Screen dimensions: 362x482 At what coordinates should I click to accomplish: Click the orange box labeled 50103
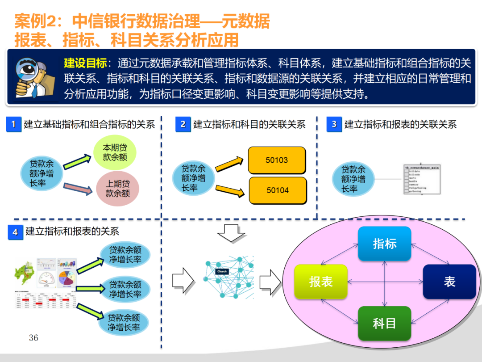pyautogui.click(x=277, y=160)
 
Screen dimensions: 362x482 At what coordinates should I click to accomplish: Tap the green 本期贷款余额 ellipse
pyautogui.click(x=115, y=152)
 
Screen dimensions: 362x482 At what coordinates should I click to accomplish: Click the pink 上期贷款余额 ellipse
pyautogui.click(x=117, y=189)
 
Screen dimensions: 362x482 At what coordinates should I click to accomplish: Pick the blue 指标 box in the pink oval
pyautogui.click(x=384, y=244)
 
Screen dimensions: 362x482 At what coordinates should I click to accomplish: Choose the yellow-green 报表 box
pyautogui.click(x=321, y=282)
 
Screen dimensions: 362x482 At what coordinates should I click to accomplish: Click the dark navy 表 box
pyautogui.click(x=449, y=282)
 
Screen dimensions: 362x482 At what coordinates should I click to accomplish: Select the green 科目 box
pyautogui.click(x=384, y=323)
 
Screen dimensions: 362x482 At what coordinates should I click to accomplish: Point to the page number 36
pyautogui.click(x=33, y=338)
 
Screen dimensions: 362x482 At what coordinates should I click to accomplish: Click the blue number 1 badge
pyautogui.click(x=14, y=125)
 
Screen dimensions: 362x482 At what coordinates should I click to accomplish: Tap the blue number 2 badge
pyautogui.click(x=183, y=125)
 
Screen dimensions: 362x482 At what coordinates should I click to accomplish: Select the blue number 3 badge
pyautogui.click(x=334, y=125)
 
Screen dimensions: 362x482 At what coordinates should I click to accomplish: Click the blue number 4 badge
pyautogui.click(x=15, y=232)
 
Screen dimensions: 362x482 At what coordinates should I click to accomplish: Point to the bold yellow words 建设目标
pyautogui.click(x=85, y=63)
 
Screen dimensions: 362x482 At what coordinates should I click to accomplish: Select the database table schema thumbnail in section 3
pyautogui.click(x=422, y=179)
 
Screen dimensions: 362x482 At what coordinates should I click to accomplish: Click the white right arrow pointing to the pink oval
pyautogui.click(x=270, y=282)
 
